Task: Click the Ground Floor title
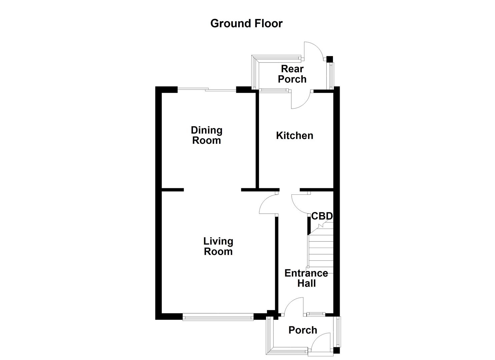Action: pos(246,23)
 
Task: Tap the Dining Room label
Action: pos(206,135)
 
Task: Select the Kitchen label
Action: pos(295,136)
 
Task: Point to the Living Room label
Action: pos(218,246)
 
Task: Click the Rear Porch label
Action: pos(292,74)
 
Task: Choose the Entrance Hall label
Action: pos(306,278)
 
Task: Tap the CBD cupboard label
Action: pos(322,216)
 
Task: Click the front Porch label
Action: pos(303,330)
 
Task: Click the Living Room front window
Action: pos(218,317)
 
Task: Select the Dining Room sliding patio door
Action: pos(207,89)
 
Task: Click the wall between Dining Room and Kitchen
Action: pos(257,140)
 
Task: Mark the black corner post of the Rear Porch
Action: pos(329,59)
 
